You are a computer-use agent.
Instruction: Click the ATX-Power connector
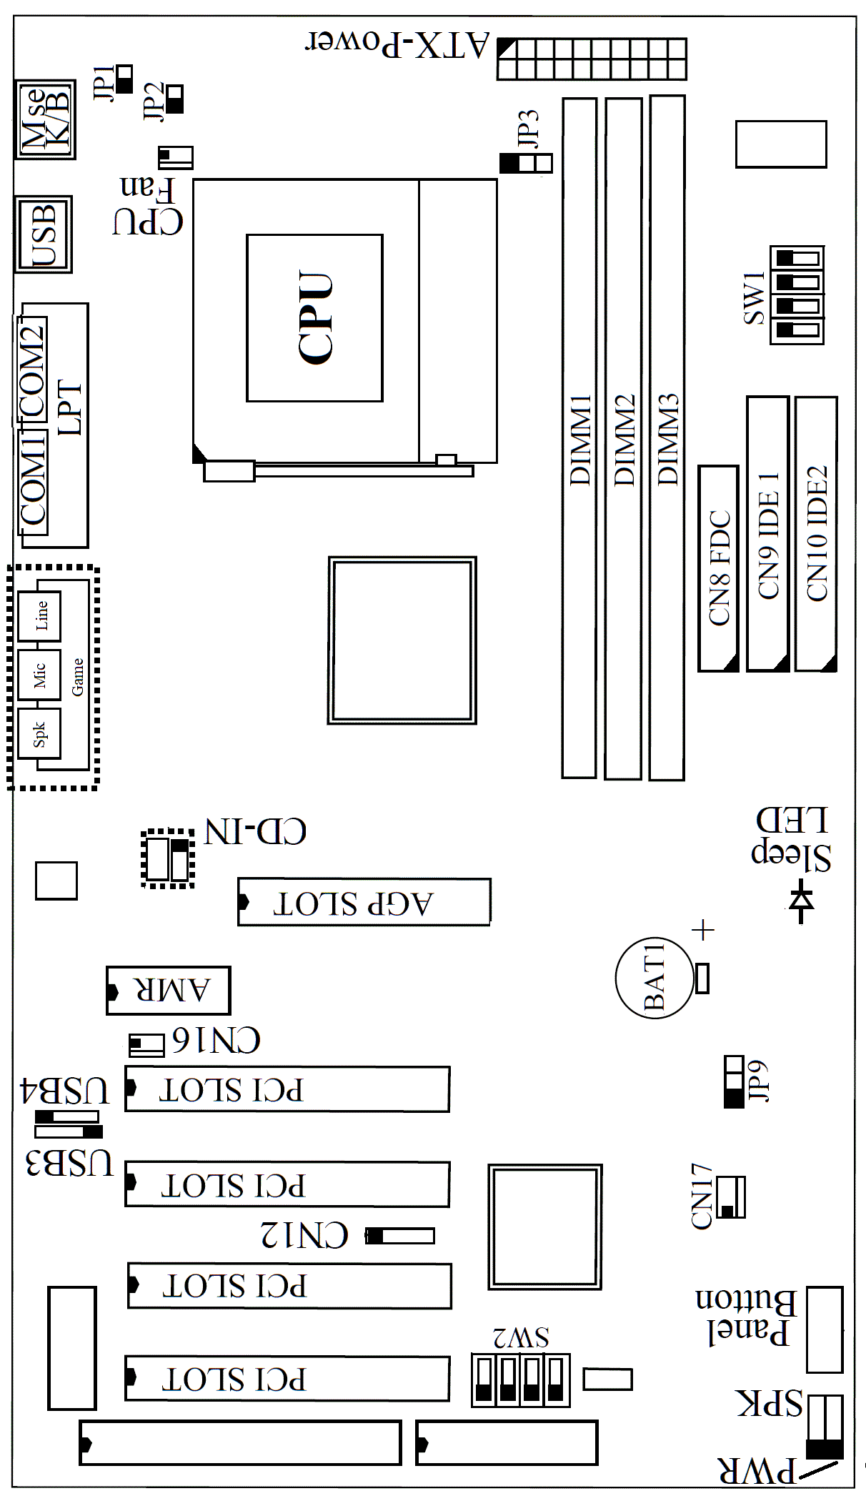592,59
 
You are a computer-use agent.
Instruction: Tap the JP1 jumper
124,79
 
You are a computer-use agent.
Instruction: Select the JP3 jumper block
525,164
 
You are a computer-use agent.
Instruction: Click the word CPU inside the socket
315,318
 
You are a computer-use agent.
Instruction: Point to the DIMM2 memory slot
622,438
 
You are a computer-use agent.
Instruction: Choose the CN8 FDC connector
718,568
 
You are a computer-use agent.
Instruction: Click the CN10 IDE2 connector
816,534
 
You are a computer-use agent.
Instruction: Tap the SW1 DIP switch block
797,294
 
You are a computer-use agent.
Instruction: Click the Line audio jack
39,615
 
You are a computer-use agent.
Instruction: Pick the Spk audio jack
39,733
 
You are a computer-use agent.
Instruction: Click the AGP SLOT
364,902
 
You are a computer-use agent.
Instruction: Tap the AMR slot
168,991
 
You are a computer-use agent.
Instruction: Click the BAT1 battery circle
654,977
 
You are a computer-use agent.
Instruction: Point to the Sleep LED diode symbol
801,902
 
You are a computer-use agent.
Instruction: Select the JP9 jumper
734,1081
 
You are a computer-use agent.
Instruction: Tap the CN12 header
399,1236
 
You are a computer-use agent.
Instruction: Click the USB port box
44,234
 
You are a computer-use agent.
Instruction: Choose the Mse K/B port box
45,119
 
